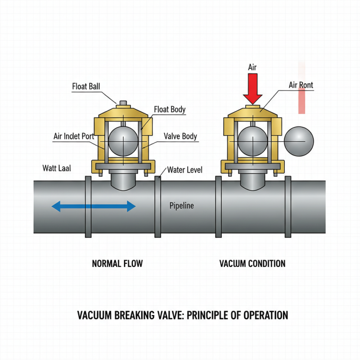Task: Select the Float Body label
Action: click(170, 109)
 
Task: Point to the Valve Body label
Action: click(180, 136)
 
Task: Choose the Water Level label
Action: click(184, 170)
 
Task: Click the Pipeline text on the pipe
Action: click(181, 206)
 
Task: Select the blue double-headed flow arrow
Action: click(94, 207)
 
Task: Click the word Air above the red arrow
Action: click(253, 67)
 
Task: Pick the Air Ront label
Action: click(301, 85)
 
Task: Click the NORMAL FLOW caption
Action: click(117, 263)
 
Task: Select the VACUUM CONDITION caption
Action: click(252, 263)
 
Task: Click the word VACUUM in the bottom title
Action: click(94, 315)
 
